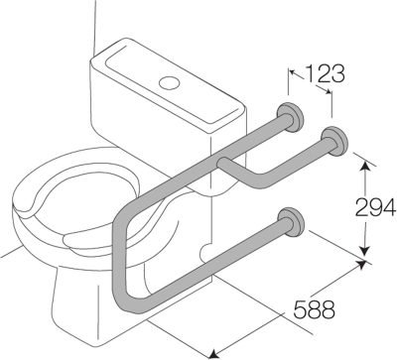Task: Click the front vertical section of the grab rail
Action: [x=118, y=257]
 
